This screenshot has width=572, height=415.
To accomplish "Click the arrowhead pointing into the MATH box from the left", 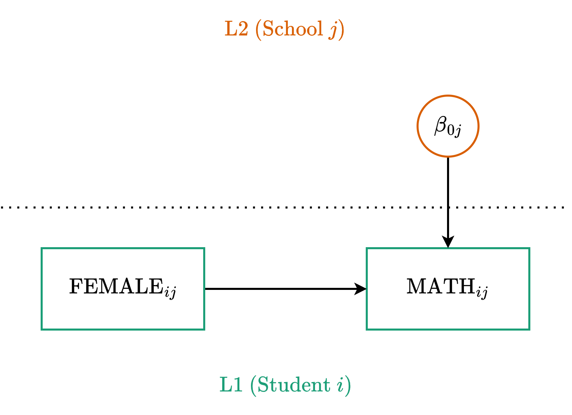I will click(x=361, y=289).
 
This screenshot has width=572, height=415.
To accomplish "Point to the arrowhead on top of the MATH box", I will click(x=448, y=242).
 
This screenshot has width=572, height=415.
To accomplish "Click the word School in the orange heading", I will click(x=293, y=29).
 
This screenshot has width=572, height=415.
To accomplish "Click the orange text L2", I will click(x=236, y=29).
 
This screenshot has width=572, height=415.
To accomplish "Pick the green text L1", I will click(x=231, y=385).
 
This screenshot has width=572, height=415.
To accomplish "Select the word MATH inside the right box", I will click(x=441, y=286).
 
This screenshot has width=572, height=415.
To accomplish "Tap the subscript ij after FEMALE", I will click(x=170, y=292).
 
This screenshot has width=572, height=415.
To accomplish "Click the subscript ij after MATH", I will click(x=482, y=292).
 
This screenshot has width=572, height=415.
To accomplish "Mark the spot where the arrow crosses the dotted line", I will click(x=448, y=207).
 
